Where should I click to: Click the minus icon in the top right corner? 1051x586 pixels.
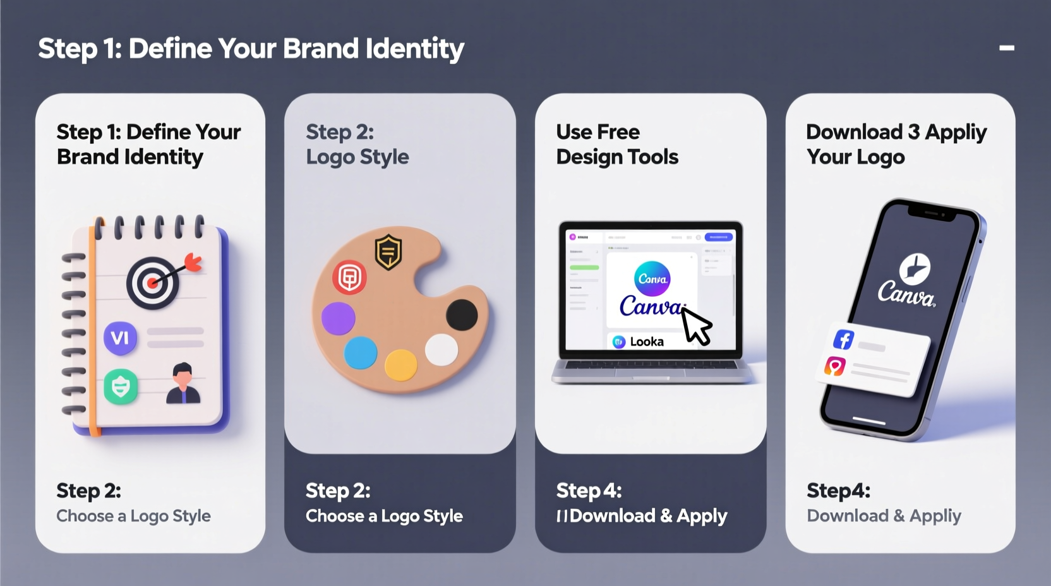tap(1007, 48)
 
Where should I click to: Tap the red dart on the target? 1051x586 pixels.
tap(193, 262)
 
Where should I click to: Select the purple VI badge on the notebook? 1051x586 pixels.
tap(120, 338)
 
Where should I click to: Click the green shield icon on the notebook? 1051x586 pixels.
tap(121, 386)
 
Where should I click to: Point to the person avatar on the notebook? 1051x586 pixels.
tap(183, 383)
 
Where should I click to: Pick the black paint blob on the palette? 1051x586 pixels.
tap(462, 314)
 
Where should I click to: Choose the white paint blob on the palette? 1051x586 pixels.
tap(441, 350)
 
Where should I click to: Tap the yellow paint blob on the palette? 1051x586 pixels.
tap(401, 365)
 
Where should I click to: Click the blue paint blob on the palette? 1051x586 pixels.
tap(361, 352)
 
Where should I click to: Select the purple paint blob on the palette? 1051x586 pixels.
tap(339, 318)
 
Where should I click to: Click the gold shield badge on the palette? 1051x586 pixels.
tap(388, 252)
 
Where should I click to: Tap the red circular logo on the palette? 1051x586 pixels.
tap(349, 277)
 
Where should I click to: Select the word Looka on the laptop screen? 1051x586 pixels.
tap(647, 342)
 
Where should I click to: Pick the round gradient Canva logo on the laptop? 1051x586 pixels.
tap(652, 278)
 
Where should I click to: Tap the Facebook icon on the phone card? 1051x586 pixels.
tap(844, 339)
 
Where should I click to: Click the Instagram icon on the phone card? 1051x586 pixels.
tap(835, 366)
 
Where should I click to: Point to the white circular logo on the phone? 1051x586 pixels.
tap(914, 268)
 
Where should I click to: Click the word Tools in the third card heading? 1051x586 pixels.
tap(655, 157)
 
